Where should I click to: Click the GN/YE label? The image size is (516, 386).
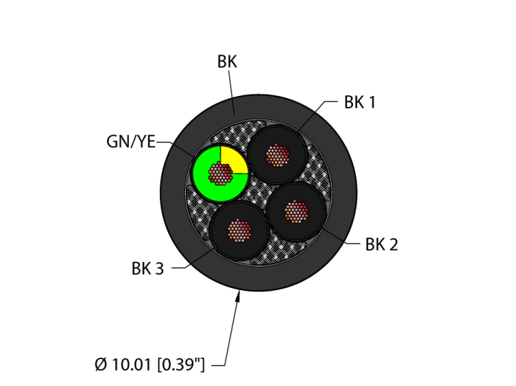130,142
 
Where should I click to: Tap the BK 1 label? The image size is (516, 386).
360,103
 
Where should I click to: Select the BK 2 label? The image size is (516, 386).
381,244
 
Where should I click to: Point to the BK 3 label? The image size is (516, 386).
147,269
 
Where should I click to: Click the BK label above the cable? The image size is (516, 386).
227,62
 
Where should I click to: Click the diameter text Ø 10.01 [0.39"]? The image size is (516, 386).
150,364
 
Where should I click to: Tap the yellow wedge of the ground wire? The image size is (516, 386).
233,159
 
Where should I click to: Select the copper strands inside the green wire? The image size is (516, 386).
220,173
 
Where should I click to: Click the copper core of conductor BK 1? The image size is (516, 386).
277,154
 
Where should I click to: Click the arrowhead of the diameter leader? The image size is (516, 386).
238,296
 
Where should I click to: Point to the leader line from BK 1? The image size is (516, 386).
317,112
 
